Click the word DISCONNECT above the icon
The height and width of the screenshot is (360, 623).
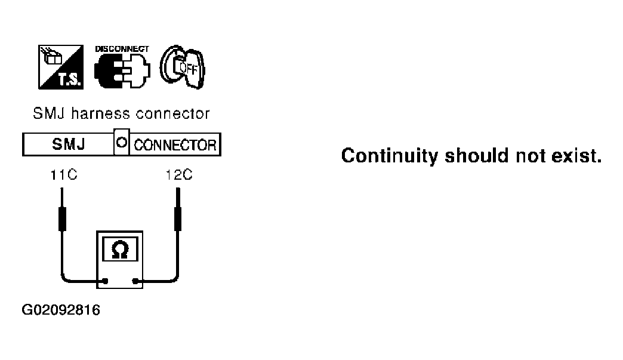122,48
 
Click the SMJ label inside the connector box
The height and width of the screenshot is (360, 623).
69,144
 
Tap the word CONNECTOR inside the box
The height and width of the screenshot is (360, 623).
174,145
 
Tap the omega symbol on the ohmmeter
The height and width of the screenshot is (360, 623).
119,250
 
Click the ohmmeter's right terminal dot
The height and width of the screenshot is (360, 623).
137,281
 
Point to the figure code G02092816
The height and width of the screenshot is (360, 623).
61,310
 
